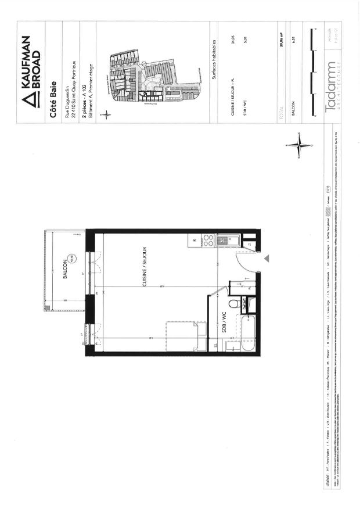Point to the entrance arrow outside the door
click(x=266, y=257)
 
